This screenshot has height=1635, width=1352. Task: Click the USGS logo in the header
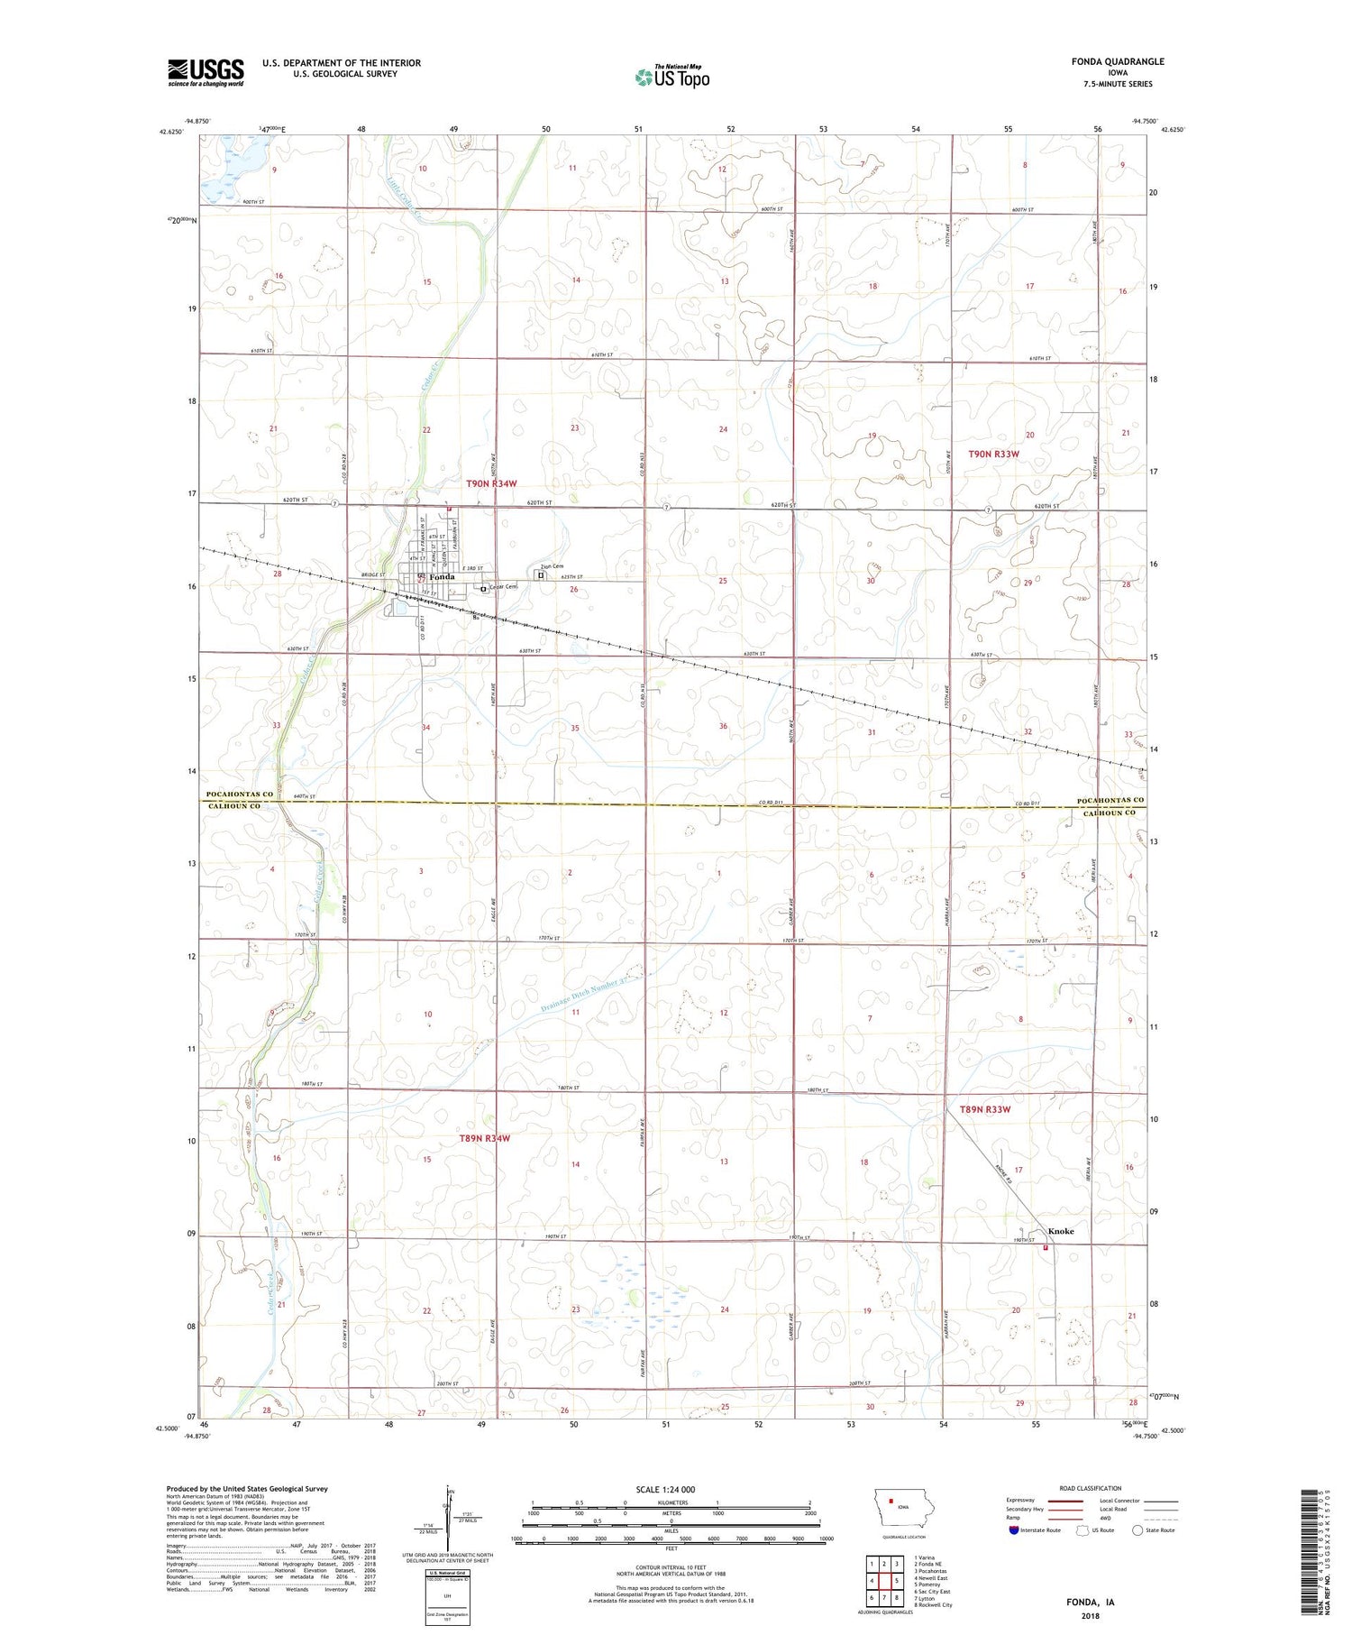pyautogui.click(x=206, y=72)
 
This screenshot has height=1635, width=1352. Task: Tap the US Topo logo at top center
pyautogui.click(x=671, y=78)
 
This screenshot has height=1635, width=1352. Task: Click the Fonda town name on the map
pyautogui.click(x=442, y=577)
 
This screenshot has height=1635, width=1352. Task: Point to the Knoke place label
pyautogui.click(x=1060, y=1231)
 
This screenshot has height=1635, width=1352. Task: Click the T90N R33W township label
pyautogui.click(x=993, y=455)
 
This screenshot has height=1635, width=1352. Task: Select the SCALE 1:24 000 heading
pyautogui.click(x=665, y=1489)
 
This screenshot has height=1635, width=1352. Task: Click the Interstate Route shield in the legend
pyautogui.click(x=1014, y=1530)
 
